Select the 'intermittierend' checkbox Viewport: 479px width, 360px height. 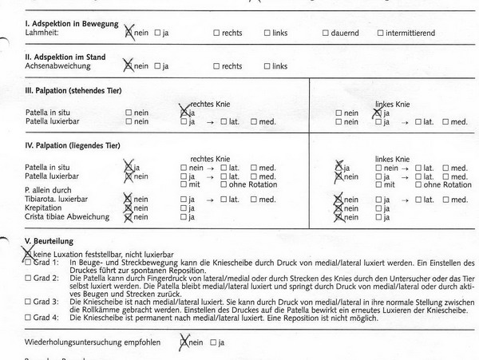point(380,34)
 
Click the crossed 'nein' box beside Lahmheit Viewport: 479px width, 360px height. point(129,34)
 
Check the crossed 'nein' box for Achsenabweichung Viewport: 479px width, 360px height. point(128,66)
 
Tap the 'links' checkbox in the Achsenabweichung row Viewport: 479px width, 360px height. point(265,67)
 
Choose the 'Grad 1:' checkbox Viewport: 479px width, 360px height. point(29,262)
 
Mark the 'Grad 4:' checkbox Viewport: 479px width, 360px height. point(29,317)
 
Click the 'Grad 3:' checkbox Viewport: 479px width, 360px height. point(29,302)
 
